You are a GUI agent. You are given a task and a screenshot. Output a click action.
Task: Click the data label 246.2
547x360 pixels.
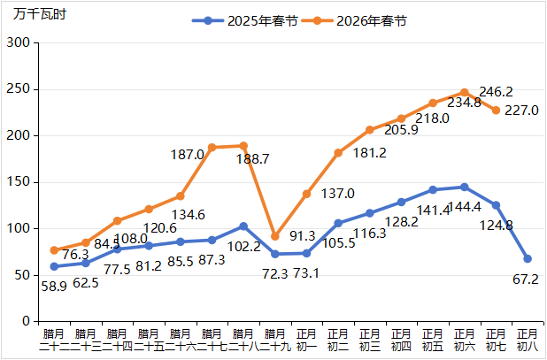[496, 91]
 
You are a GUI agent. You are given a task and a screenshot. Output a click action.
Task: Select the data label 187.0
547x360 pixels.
[188, 154]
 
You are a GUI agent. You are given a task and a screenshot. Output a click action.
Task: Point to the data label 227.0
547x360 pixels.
[521, 111]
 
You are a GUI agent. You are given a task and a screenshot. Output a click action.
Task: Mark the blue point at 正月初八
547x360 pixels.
[528, 258]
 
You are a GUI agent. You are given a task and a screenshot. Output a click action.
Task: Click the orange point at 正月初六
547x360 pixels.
[464, 93]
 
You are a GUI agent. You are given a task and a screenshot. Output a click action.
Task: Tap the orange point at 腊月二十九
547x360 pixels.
[275, 236]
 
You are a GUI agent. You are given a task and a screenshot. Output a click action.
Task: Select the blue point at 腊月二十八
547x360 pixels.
[243, 226]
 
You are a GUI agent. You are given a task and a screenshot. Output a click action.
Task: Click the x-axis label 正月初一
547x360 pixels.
[306, 340]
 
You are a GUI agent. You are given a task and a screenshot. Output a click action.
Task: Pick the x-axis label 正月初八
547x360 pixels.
[528, 340]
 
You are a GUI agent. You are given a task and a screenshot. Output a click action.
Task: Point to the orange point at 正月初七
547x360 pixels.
[496, 111]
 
